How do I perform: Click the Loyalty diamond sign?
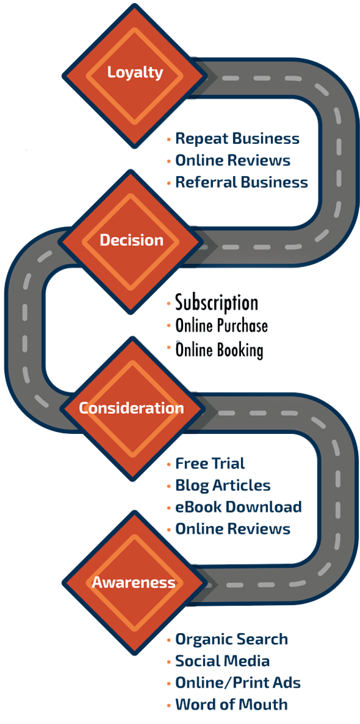coord(135,72)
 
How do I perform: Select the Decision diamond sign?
coord(131,240)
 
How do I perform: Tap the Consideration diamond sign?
coord(131,408)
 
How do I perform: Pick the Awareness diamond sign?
coord(133,583)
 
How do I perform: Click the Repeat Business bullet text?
coord(237,139)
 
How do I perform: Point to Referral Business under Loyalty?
coord(242,182)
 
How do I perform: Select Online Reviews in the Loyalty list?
coord(233,161)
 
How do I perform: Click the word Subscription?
coord(217,303)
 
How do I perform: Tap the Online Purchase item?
coord(222,326)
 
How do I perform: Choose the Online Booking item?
coord(219,350)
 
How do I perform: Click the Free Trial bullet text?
coord(210,464)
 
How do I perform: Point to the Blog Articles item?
coord(223,486)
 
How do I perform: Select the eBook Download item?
coord(239,507)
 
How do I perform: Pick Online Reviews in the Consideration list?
coord(233,529)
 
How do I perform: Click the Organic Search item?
coord(232,639)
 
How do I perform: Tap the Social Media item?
coord(222,661)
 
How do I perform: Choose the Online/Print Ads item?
coord(239,683)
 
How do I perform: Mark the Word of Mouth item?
coord(232,705)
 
